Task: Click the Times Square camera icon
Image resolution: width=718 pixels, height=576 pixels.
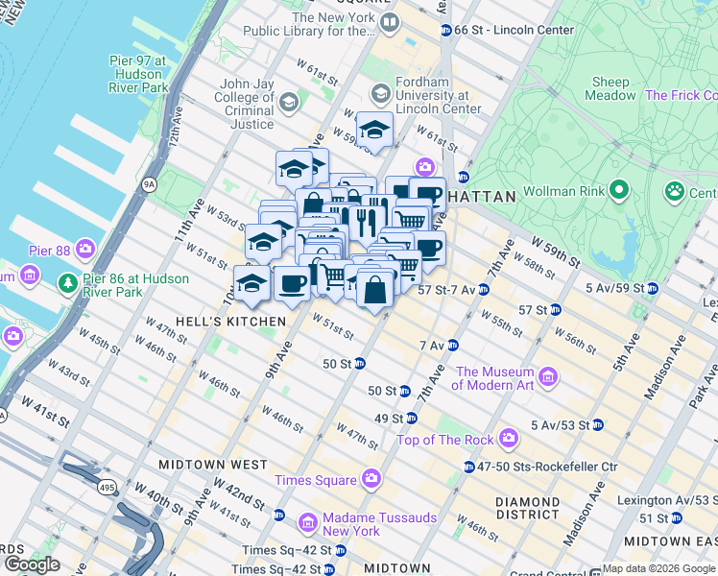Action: [371, 479]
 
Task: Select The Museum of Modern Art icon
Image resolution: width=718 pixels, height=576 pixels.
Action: [548, 374]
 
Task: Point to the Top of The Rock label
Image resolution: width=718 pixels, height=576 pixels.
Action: [445, 440]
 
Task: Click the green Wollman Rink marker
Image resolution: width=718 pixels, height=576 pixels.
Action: [619, 189]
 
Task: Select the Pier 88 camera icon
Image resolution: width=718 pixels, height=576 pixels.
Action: [86, 250]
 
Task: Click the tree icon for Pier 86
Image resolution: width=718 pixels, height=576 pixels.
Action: [68, 283]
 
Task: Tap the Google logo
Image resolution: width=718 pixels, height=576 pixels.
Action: [32, 564]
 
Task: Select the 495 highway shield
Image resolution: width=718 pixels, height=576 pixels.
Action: [103, 489]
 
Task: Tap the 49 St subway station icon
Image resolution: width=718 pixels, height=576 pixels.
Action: [411, 419]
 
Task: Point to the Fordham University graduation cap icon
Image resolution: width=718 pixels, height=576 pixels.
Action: [380, 94]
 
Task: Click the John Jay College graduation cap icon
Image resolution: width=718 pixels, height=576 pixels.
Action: [288, 102]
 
